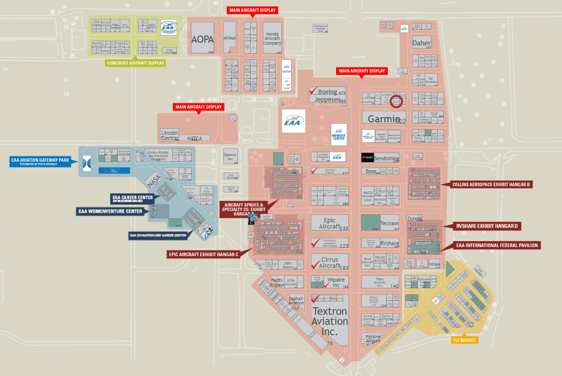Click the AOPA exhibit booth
tap(202, 38)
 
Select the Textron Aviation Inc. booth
tap(329, 321)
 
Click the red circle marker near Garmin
tap(396, 101)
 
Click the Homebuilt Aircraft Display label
tap(136, 63)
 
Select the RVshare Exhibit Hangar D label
tap(487, 226)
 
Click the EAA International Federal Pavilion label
tap(497, 245)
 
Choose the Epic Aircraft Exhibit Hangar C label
tap(203, 254)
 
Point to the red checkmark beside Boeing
tap(313, 90)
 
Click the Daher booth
tap(421, 43)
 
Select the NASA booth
tap(154, 180)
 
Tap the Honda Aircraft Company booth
tap(272, 38)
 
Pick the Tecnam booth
tap(389, 224)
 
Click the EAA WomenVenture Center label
tap(111, 211)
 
